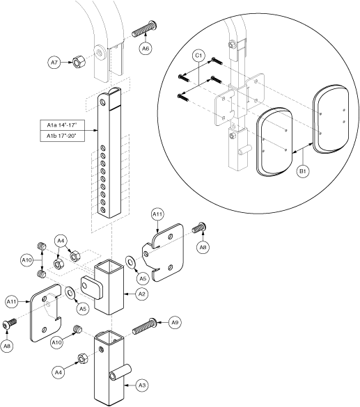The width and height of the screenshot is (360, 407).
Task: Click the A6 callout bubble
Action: (x=146, y=49)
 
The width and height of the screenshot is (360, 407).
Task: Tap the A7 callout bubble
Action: (x=54, y=63)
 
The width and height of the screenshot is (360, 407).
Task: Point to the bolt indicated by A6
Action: (x=145, y=29)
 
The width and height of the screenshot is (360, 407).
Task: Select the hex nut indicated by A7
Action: (x=77, y=63)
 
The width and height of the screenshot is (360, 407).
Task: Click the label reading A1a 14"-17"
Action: (x=63, y=125)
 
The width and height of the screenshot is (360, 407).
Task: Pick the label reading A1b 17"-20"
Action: (x=63, y=136)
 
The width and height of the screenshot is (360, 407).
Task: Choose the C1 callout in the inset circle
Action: (x=198, y=56)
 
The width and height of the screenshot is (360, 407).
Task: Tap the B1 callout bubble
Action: (x=303, y=171)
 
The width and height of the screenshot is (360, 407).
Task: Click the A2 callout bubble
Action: (x=141, y=294)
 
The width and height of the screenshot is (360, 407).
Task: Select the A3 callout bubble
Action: (x=142, y=385)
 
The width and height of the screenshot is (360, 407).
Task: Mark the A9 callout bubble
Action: (x=175, y=322)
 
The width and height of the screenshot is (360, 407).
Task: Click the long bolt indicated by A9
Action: (x=144, y=326)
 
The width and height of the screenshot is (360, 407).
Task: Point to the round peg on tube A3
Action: (x=120, y=372)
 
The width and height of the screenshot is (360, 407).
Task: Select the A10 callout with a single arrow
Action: (x=56, y=342)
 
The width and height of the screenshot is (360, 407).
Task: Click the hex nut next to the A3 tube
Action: (x=83, y=358)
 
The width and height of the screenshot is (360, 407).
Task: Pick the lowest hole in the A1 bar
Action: (x=103, y=209)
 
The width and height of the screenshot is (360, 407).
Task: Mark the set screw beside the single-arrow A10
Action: (x=78, y=329)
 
